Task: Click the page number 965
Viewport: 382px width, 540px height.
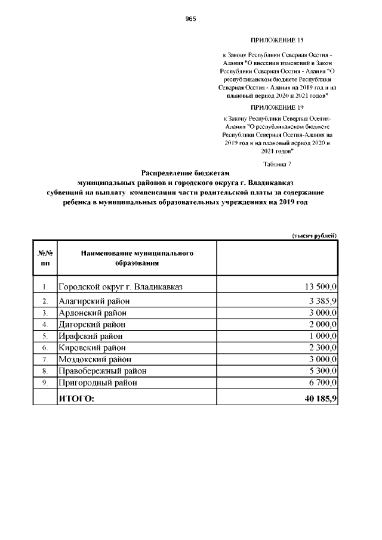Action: [x=191, y=18]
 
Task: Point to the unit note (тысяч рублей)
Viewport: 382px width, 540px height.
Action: [x=315, y=236]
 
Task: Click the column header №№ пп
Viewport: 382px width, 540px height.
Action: [x=45, y=258]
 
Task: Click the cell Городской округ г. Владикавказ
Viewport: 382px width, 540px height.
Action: [x=120, y=287]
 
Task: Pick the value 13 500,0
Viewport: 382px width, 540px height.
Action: [x=321, y=287]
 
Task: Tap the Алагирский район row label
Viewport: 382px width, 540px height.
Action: [x=94, y=301]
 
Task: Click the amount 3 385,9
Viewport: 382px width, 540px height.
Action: [x=323, y=301]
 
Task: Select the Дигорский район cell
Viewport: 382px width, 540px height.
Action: [x=92, y=324]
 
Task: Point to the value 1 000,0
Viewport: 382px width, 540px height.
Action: [x=323, y=336]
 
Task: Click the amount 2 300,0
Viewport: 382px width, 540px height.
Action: [x=323, y=347]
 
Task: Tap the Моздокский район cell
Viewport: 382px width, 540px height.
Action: [x=94, y=359]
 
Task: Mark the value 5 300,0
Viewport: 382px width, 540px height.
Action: [x=323, y=371]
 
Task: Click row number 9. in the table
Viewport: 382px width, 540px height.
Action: [x=45, y=382]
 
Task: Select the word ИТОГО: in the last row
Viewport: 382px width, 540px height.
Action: [x=76, y=398]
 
